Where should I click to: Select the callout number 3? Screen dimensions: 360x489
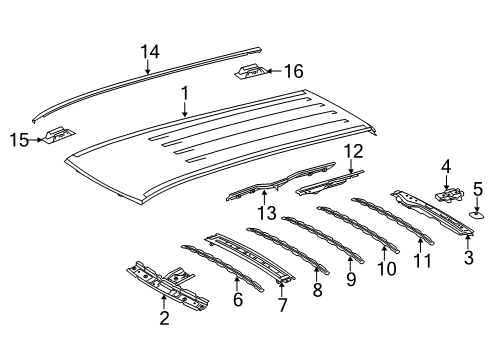[x=468, y=258]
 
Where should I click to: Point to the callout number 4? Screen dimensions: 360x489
[x=445, y=167]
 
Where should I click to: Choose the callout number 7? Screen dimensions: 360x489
[x=283, y=304]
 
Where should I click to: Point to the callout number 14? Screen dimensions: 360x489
[x=149, y=51]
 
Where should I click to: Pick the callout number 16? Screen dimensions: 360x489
[x=292, y=72]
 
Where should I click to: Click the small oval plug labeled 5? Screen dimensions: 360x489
[x=477, y=212]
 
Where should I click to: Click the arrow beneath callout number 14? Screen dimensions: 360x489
[x=148, y=68]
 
